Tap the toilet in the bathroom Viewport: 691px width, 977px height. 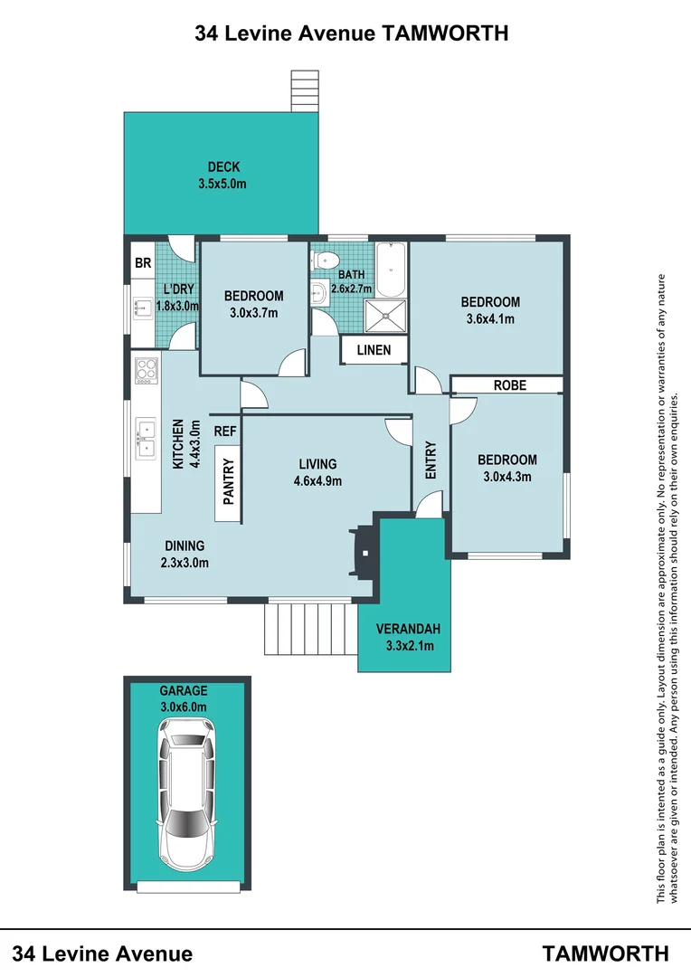coord(320,261)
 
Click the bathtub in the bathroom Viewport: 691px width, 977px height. coord(390,269)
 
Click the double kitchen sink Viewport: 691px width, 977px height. coord(146,438)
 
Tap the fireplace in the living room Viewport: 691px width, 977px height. coord(361,552)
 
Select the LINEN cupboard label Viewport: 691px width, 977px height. coord(374,350)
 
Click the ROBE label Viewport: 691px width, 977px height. coord(509,385)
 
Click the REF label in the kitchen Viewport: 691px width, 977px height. coord(225,432)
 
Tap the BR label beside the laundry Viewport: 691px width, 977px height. coord(142,264)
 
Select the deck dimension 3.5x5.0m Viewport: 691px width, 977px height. coord(222,184)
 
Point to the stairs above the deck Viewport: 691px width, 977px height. coord(305,90)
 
